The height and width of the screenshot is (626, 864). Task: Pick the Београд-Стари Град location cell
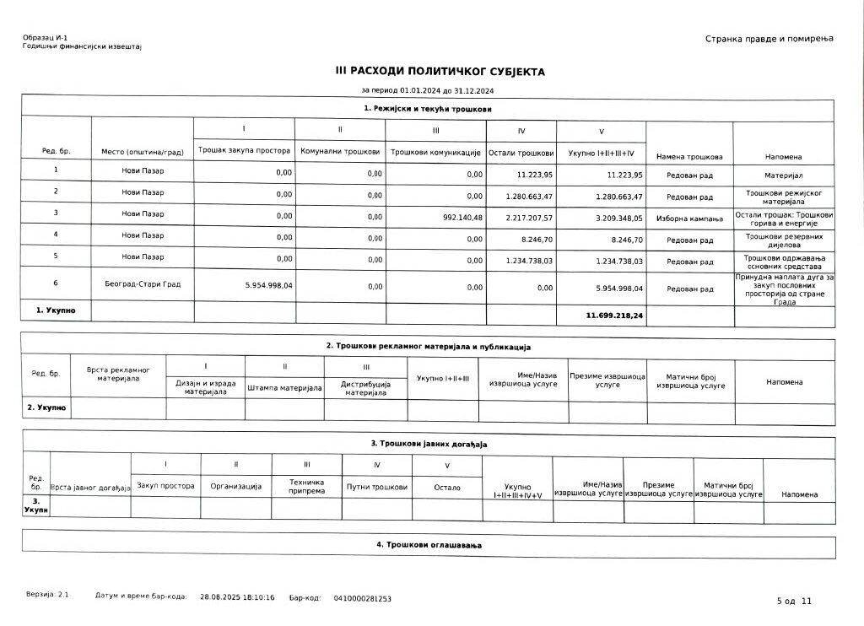[143, 284]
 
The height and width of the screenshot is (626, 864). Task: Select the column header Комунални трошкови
[340, 152]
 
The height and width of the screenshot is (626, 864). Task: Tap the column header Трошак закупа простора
[244, 151]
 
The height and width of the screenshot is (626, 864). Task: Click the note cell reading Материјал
[783, 175]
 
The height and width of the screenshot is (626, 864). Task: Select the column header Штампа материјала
[284, 388]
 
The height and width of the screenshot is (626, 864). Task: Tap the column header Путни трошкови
[376, 487]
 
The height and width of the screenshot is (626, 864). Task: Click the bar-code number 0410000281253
[362, 598]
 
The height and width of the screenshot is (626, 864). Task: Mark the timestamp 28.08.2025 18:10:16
[237, 597]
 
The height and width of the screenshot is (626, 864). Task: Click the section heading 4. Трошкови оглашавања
[428, 546]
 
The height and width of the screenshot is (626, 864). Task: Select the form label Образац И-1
[46, 39]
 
